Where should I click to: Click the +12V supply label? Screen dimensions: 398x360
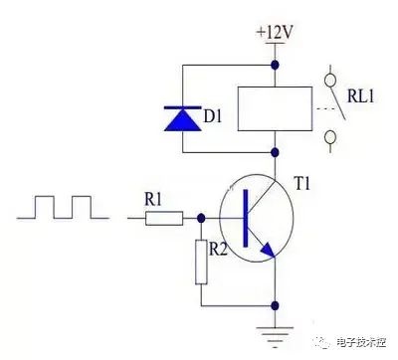point(275,32)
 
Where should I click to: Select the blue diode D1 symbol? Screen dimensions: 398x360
point(183,118)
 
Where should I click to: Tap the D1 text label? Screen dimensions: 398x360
point(213,116)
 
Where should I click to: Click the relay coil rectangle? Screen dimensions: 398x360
point(275,108)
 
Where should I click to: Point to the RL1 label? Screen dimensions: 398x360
point(361,96)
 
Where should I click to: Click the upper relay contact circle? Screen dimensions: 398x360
point(330,81)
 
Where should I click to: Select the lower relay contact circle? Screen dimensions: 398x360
point(330,137)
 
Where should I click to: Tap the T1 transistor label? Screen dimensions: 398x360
point(302,183)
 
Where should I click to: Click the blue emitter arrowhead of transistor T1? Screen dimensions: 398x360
point(268,251)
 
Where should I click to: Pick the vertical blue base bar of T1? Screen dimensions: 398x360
point(246,218)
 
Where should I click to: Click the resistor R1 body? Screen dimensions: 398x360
point(164,218)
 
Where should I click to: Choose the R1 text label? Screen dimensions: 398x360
point(153,200)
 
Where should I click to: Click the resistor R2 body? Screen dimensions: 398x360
point(201,263)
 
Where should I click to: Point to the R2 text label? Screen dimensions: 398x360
point(218,249)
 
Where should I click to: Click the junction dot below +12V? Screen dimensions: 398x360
point(275,65)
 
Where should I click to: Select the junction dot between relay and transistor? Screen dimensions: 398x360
point(275,152)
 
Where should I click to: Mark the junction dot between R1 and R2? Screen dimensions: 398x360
point(201,218)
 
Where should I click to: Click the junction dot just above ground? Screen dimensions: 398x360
point(275,305)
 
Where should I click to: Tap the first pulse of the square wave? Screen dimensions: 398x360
point(45,207)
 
